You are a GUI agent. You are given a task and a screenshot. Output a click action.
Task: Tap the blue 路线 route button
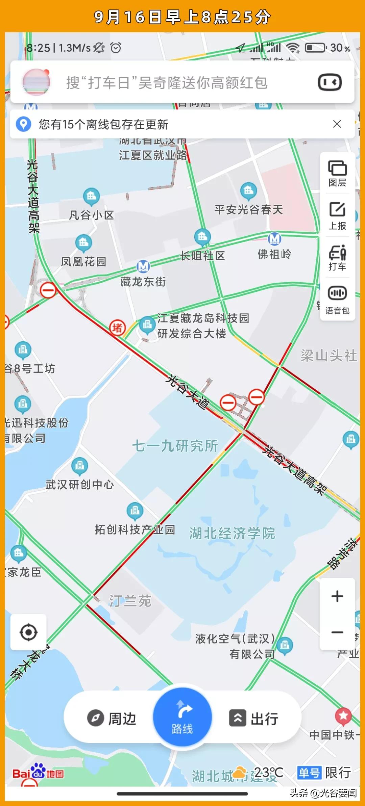coord(182,717)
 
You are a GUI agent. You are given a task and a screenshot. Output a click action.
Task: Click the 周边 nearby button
coord(112,718)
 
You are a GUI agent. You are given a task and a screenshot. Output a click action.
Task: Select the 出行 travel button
coord(254,718)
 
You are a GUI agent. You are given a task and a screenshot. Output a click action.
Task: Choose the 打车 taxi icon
coord(337,258)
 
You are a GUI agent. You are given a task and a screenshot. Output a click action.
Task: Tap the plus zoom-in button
coord(337,596)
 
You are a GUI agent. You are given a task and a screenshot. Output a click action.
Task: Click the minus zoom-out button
coord(337,632)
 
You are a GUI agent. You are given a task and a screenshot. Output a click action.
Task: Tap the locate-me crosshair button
coord(28,632)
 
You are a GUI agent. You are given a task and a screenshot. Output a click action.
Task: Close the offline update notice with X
coord(337,124)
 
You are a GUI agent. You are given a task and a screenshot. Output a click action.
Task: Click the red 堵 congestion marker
coord(117,328)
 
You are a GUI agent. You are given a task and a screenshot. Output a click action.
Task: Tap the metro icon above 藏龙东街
coord(143,266)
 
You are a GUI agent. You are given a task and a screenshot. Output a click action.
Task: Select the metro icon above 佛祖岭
coord(274,239)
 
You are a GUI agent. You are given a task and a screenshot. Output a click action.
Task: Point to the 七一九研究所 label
coord(175,446)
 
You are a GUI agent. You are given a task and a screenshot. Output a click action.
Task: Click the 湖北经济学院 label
coord(232,534)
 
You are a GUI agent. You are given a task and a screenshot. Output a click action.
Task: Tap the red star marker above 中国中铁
coord(343,716)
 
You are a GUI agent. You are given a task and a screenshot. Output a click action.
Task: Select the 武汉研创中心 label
coord(80,485)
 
